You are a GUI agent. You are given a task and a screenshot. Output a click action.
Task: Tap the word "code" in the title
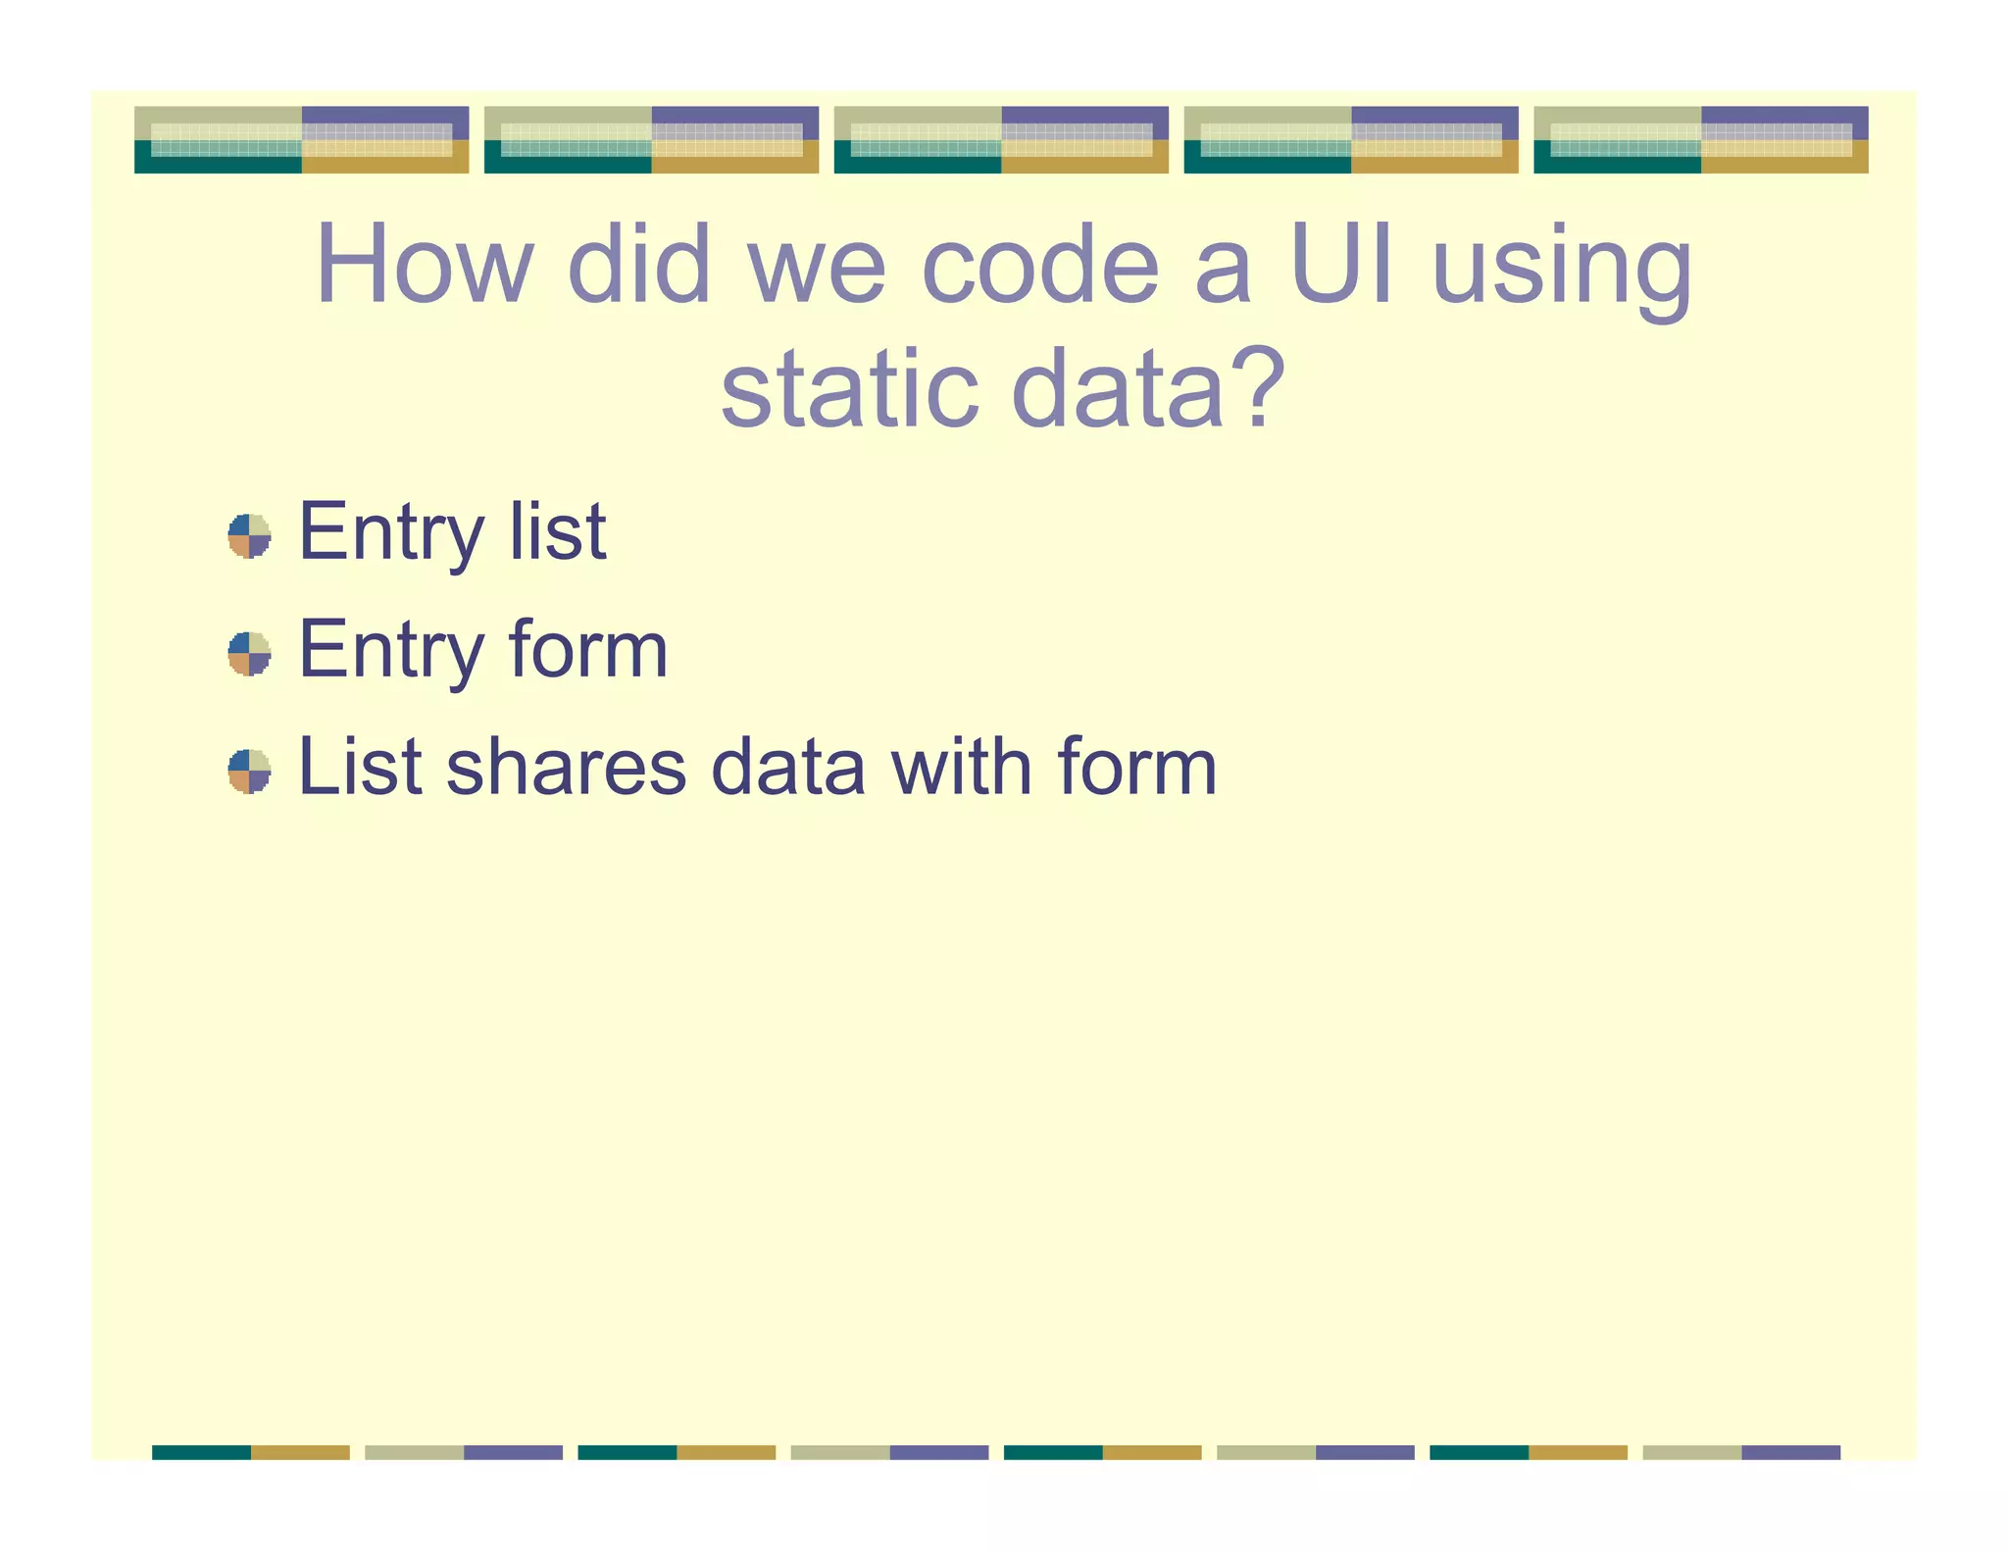(x=1039, y=265)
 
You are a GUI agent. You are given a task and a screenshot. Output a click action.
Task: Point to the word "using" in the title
(x=1562, y=270)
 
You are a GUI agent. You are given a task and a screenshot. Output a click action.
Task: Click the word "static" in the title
(x=849, y=389)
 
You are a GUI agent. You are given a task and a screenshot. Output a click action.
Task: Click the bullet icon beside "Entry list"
(x=249, y=535)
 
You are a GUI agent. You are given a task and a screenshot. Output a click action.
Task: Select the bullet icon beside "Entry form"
(x=249, y=653)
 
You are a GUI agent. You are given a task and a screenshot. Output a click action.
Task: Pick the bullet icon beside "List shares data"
(x=249, y=771)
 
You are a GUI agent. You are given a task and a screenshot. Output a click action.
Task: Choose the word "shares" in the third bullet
(x=566, y=767)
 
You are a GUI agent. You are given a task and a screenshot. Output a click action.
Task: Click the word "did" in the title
(x=638, y=265)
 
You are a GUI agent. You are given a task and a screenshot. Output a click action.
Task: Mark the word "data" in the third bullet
(x=788, y=767)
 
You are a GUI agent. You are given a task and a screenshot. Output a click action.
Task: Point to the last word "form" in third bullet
(x=1136, y=767)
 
